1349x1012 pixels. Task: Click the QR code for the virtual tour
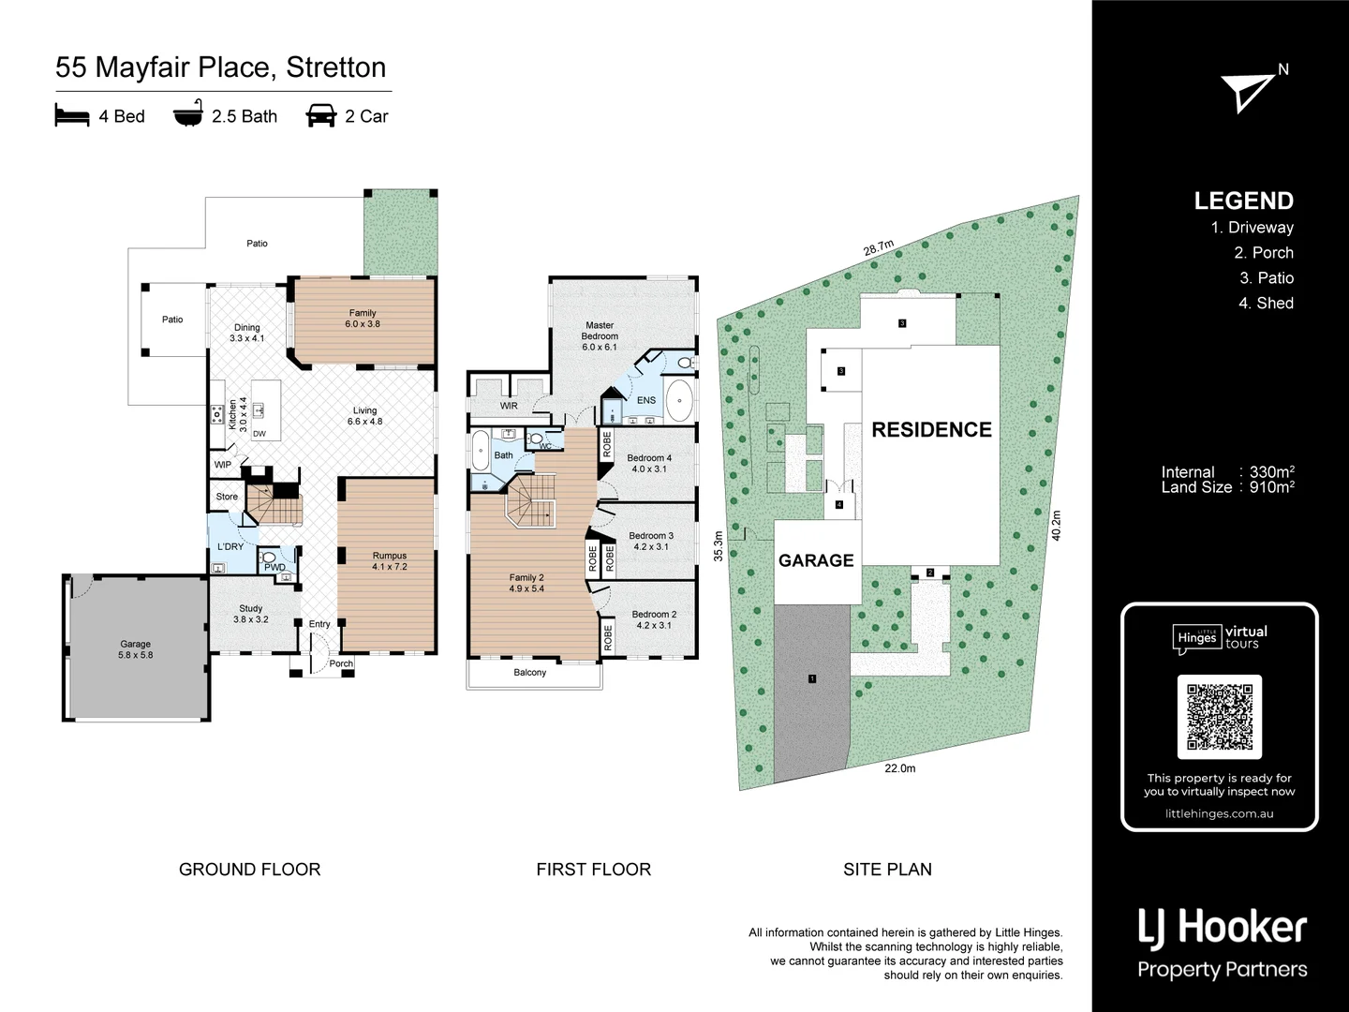tap(1219, 717)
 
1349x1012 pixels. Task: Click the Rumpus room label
tap(389, 560)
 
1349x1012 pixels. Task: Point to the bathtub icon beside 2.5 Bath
tap(187, 115)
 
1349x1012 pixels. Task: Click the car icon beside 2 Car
tap(321, 115)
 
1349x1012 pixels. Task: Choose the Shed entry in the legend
tap(1266, 303)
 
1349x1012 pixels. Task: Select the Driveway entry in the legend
tap(1252, 227)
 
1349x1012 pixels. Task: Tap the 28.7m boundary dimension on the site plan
tap(878, 248)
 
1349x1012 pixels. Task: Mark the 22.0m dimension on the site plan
tap(899, 768)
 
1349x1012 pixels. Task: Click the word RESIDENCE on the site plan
tap(931, 429)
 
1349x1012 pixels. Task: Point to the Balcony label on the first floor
tap(529, 673)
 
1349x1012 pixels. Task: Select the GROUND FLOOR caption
tap(249, 870)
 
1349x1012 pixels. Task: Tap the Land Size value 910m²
tap(1271, 487)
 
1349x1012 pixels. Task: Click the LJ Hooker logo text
tap(1222, 928)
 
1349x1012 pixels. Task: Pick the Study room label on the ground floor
tap(250, 614)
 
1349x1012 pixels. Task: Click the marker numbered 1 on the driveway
tap(812, 678)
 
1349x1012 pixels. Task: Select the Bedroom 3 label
tap(650, 541)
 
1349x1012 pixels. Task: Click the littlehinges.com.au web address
tap(1219, 813)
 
